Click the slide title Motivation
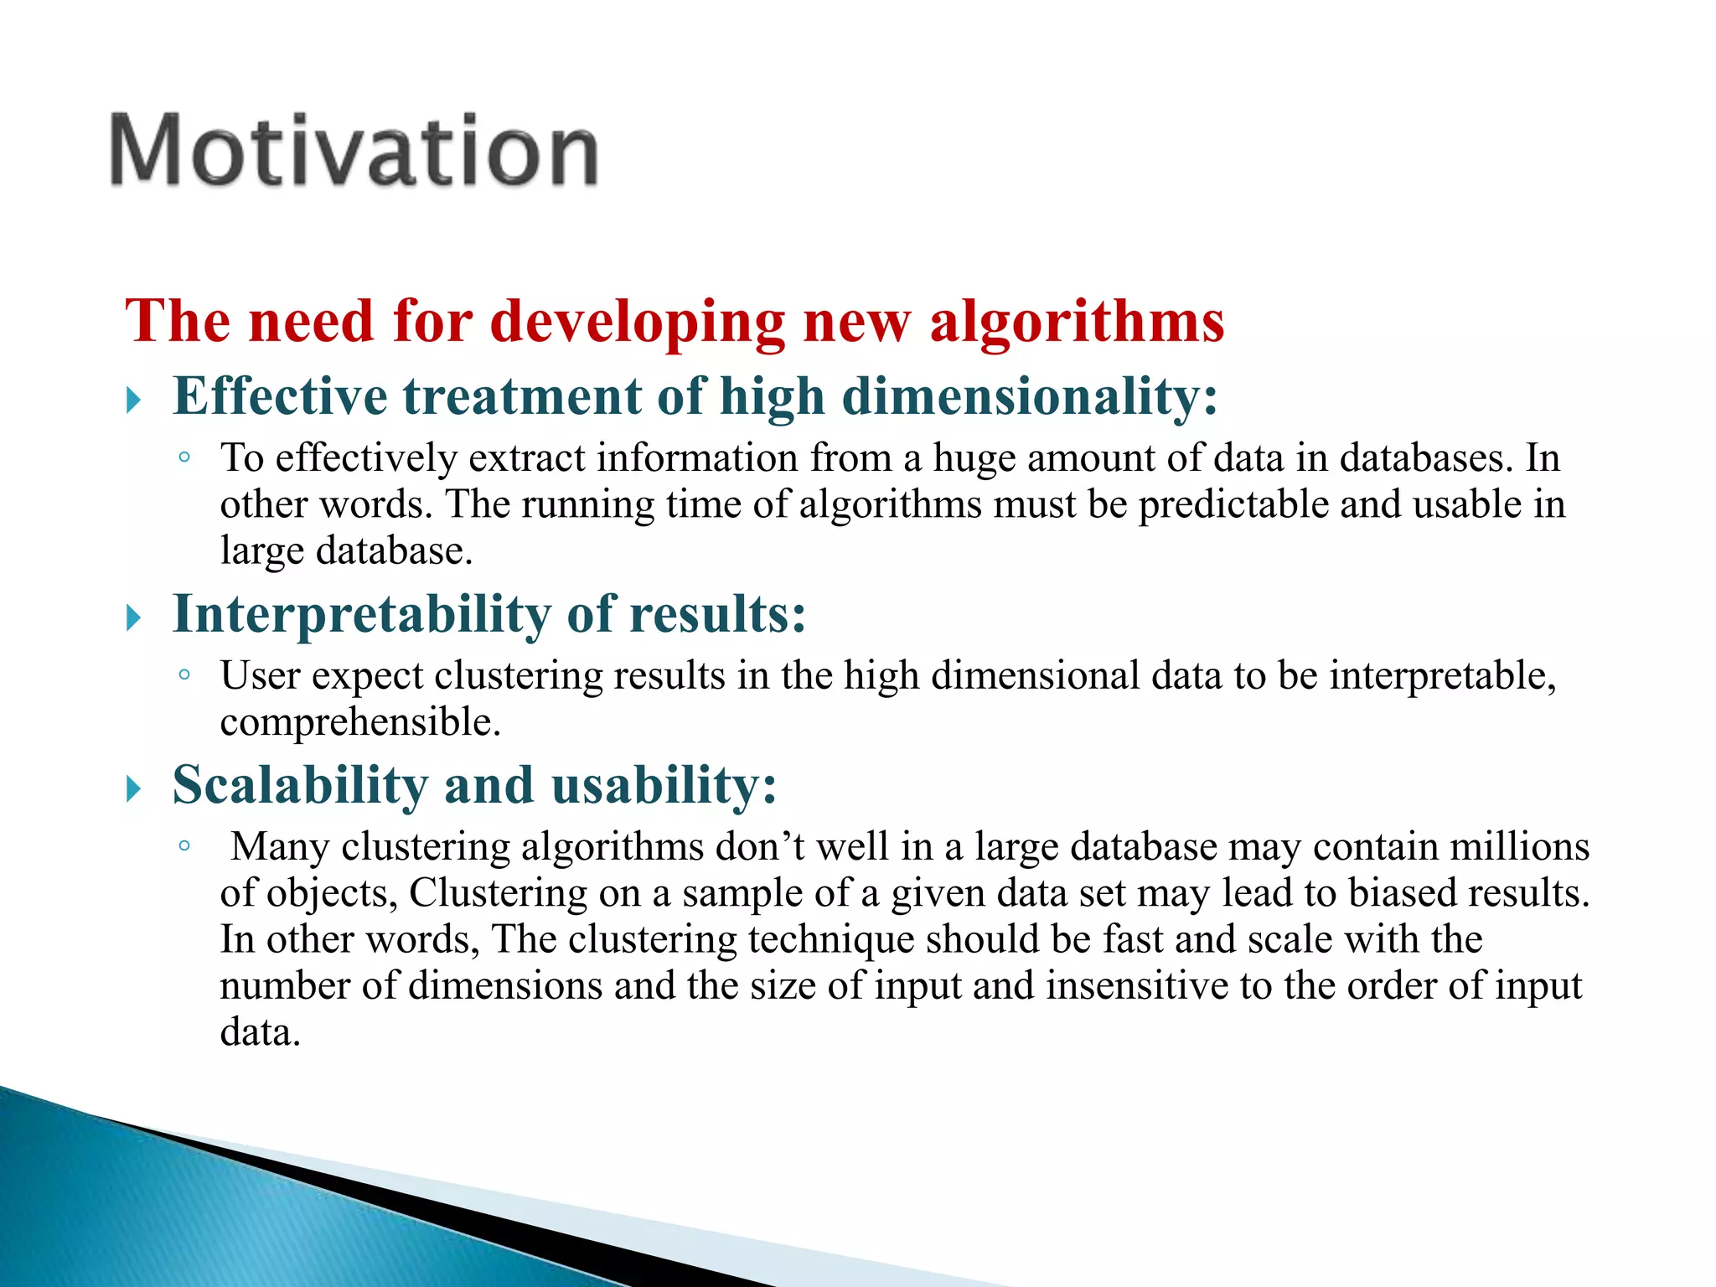tap(354, 151)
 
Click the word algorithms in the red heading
tap(1077, 322)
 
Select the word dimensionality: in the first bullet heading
tap(1030, 397)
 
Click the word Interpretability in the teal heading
tap(361, 615)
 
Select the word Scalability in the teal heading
tap(300, 786)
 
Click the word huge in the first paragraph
tap(974, 459)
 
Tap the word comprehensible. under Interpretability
tap(360, 722)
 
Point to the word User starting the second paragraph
tap(260, 675)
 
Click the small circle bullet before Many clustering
tap(184, 846)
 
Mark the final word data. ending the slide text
tap(260, 1032)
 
